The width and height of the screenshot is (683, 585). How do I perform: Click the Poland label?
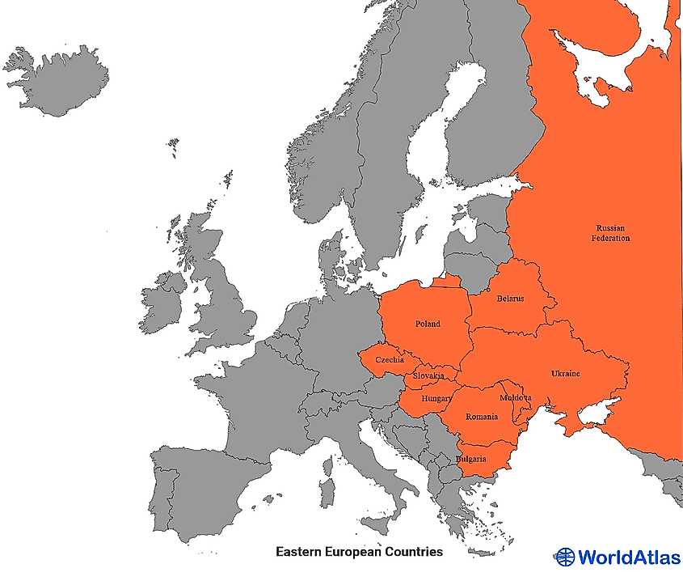point(428,324)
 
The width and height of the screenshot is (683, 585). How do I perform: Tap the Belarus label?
point(510,299)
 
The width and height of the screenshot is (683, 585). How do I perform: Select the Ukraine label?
point(565,374)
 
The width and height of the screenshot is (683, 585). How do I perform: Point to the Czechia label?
point(390,360)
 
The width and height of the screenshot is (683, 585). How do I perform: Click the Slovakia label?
point(428,376)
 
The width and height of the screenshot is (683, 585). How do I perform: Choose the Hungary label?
point(436,399)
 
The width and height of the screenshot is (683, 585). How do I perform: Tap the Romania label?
point(482,417)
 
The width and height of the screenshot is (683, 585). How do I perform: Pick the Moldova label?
point(516,398)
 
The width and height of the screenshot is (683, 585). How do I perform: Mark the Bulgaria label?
point(471,459)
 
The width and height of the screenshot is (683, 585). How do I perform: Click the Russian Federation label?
point(610,233)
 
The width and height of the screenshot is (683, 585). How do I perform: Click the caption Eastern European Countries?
point(359,552)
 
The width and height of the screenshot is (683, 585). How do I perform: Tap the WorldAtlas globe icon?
point(565,557)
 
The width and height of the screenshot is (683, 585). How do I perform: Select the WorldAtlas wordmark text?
point(629,557)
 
